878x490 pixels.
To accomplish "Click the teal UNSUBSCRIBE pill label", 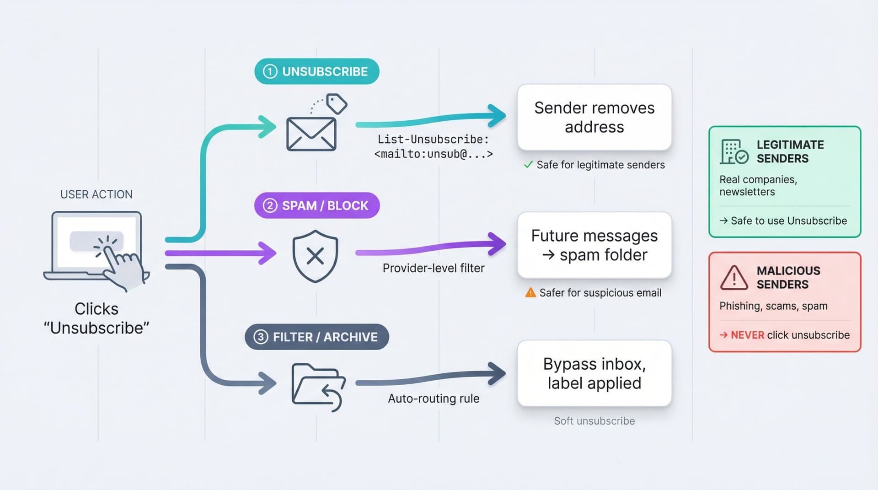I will point(316,71).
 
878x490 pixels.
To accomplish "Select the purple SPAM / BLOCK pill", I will point(316,205).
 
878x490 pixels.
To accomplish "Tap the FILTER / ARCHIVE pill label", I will point(316,337).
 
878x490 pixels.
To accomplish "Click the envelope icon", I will point(311,134).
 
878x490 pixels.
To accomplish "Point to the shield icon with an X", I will point(315,256).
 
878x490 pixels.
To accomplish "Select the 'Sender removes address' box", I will point(594,118).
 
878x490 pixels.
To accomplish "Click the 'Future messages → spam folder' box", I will point(594,245).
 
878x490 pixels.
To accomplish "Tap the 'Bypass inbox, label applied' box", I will point(594,373).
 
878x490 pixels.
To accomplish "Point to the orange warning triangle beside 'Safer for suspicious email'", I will point(530,292).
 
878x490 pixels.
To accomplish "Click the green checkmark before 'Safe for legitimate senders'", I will point(528,165).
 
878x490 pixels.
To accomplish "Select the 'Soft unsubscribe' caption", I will point(594,421).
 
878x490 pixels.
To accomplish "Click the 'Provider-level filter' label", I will point(433,268).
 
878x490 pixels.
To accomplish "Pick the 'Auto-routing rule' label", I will point(433,398).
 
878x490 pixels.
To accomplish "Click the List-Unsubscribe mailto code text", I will point(433,147).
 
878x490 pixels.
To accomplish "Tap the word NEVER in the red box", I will point(747,335).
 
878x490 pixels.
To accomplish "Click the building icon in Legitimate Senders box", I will point(733,152).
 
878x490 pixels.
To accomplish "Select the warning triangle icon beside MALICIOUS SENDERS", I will point(734,278).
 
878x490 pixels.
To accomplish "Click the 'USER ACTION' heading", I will point(96,194).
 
